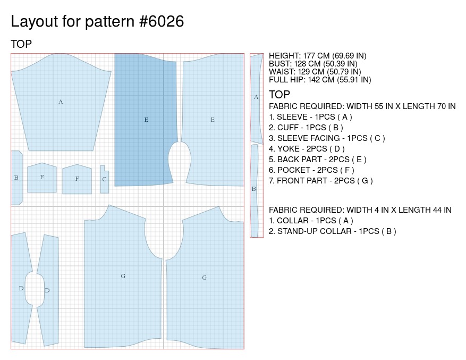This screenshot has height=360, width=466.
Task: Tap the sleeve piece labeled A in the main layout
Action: click(61, 101)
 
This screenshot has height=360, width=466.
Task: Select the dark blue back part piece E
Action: click(145, 120)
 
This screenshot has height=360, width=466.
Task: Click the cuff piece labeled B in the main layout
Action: click(16, 178)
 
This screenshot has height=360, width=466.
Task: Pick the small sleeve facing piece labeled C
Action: click(104, 179)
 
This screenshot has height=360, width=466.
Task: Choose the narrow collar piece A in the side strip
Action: click(257, 97)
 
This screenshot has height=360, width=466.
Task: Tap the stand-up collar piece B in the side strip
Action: click(254, 189)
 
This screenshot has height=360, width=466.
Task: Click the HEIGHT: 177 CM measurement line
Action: click(317, 56)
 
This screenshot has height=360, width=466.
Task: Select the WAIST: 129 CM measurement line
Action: click(315, 72)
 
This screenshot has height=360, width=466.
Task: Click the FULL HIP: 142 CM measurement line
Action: click(320, 80)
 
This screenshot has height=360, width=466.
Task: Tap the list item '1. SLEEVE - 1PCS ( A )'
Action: click(310, 117)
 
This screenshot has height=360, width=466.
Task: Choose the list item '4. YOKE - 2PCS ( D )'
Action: click(307, 149)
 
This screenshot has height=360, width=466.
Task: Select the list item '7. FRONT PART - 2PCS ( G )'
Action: click(320, 181)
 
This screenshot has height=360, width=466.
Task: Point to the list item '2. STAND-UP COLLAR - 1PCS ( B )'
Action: click(332, 231)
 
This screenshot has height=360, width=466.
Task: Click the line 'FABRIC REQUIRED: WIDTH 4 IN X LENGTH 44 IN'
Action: click(360, 210)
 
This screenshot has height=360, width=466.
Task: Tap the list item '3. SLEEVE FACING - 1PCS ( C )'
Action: click(327, 138)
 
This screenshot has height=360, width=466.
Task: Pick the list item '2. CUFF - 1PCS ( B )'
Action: click(306, 128)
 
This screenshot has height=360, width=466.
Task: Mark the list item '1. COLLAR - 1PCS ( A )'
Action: click(311, 221)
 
